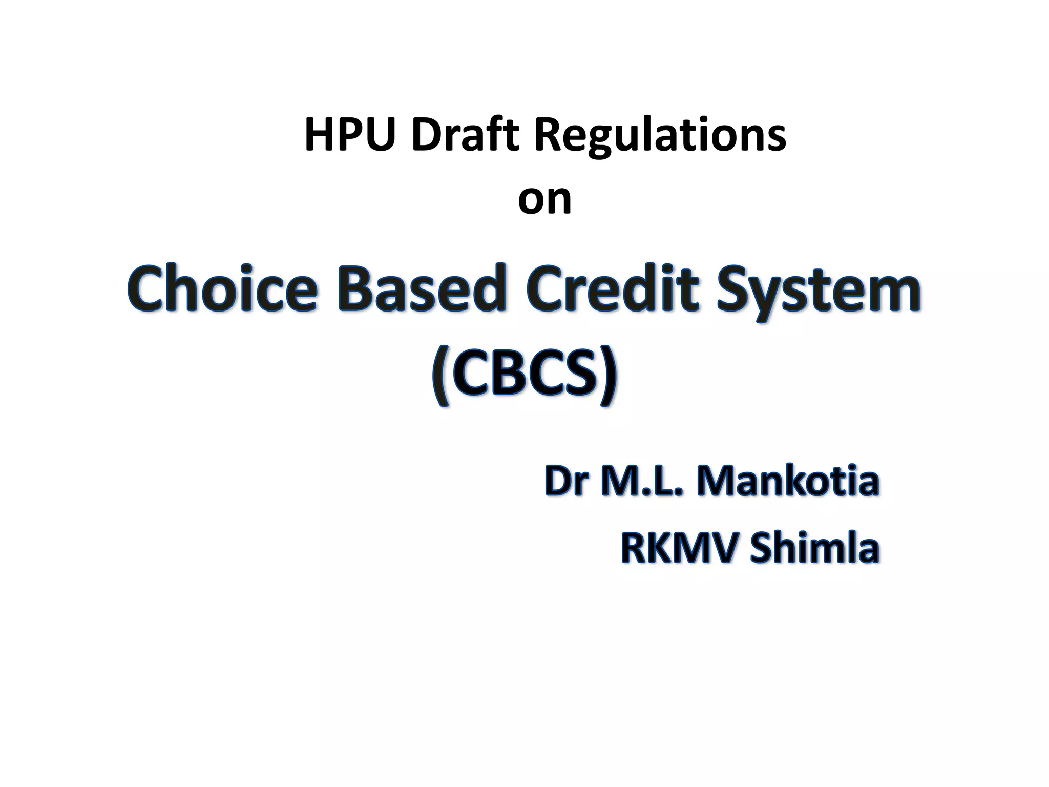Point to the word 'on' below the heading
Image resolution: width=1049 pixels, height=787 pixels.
tap(544, 200)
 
